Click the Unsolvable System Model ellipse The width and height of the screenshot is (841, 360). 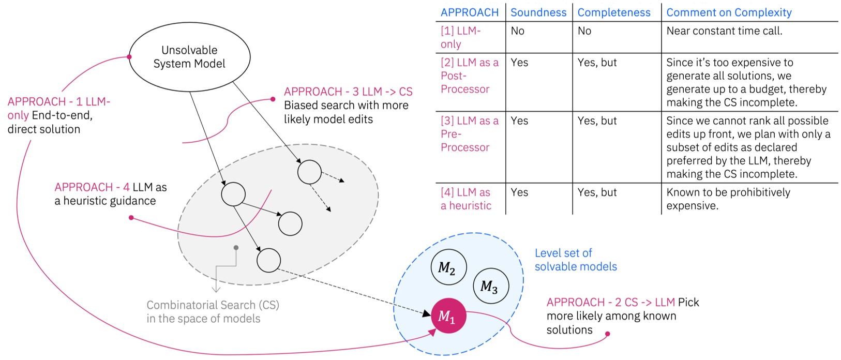click(189, 57)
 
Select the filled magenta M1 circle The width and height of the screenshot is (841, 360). click(448, 316)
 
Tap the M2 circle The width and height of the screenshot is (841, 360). click(448, 268)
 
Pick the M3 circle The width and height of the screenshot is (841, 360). click(491, 286)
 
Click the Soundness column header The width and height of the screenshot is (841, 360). click(538, 12)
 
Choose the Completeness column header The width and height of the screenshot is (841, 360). click(614, 12)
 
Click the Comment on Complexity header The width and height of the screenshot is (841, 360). click(728, 12)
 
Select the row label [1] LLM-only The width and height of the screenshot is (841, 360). click(460, 37)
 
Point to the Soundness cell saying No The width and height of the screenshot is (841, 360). click(518, 31)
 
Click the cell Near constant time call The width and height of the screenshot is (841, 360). click(724, 31)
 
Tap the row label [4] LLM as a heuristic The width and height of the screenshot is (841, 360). click(465, 199)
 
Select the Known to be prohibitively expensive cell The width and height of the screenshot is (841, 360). click(728, 199)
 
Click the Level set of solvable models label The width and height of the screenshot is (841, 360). click(575, 260)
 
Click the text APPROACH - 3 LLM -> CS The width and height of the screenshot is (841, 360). click(348, 92)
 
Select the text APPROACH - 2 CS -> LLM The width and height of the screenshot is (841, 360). click(610, 302)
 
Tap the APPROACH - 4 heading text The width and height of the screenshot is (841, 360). click(92, 187)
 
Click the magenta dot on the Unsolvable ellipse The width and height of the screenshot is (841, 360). click(129, 57)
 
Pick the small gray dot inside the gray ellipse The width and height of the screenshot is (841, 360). click(236, 248)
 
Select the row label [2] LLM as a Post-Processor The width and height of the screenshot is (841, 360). click(469, 76)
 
